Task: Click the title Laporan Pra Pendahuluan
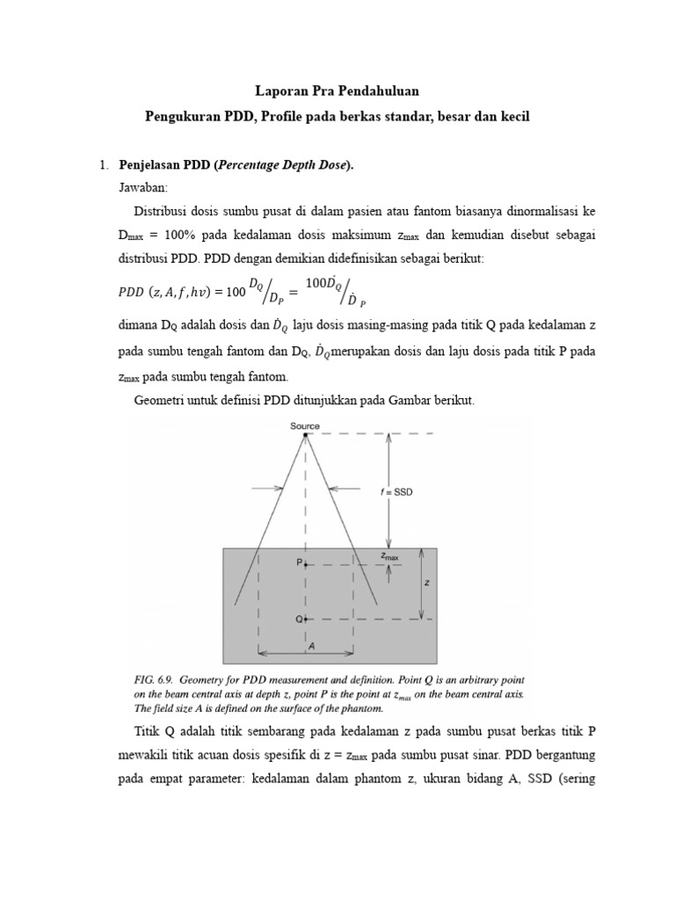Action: pyautogui.click(x=337, y=91)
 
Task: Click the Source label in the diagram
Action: pyautogui.click(x=305, y=426)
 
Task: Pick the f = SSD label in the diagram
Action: pyautogui.click(x=396, y=492)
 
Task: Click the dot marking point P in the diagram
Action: pyautogui.click(x=305, y=565)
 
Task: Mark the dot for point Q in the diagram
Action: pyautogui.click(x=305, y=619)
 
